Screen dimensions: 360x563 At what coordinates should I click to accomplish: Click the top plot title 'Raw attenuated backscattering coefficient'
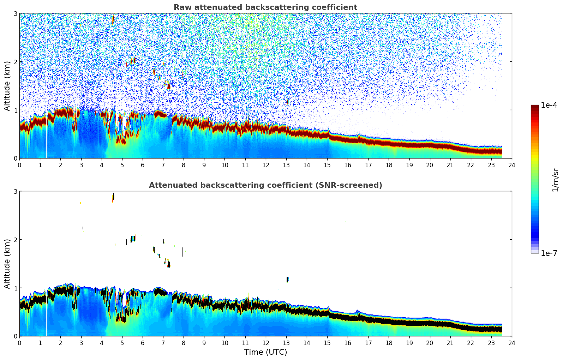tap(265, 7)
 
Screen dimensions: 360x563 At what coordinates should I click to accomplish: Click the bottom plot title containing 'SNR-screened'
tap(265, 185)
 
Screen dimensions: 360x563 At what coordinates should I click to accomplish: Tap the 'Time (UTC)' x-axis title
tap(265, 352)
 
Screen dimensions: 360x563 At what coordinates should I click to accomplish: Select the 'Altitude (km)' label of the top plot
tap(7, 86)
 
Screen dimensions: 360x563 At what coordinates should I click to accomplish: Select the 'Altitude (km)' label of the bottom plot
tap(7, 264)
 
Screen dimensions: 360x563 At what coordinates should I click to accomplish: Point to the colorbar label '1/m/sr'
tap(555, 180)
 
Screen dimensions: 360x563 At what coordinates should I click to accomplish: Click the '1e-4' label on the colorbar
tap(549, 105)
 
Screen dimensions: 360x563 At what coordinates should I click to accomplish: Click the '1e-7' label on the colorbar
tap(549, 253)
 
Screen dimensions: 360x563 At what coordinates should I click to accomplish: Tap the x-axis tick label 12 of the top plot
tap(265, 165)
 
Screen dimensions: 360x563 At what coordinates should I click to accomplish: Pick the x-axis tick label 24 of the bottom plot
tap(511, 343)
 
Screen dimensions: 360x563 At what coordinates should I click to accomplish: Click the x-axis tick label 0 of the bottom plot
tap(20, 343)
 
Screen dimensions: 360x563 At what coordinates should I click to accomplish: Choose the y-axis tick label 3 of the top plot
tap(16, 13)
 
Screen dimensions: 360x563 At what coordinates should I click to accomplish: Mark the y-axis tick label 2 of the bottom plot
tap(16, 240)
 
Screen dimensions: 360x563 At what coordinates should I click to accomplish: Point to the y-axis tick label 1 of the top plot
tap(16, 110)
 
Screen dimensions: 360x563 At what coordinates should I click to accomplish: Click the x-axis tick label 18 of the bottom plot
tap(389, 343)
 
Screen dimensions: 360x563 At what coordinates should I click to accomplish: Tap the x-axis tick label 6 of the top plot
tap(143, 165)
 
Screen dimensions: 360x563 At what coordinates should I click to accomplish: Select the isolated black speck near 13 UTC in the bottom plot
tap(288, 279)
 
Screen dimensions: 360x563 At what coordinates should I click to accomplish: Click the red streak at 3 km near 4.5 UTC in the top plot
tap(113, 19)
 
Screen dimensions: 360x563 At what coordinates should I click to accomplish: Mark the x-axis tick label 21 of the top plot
tap(450, 165)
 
